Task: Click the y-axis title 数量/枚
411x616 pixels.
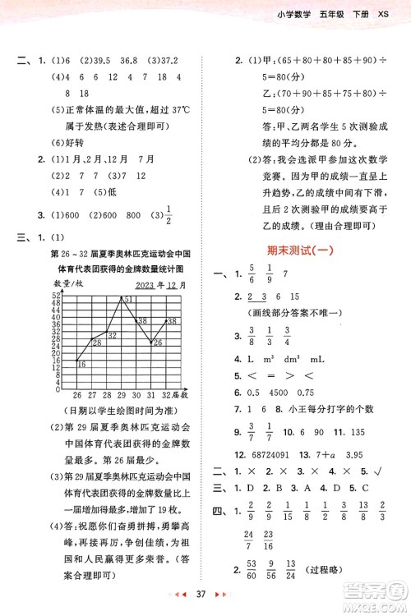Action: pos(68,283)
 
